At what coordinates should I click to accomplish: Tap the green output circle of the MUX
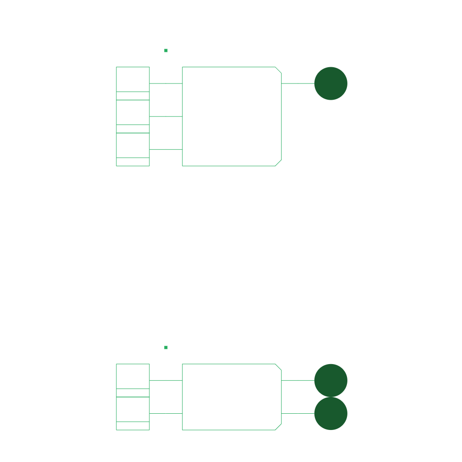[x=331, y=83]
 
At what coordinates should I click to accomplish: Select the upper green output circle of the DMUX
[x=331, y=380]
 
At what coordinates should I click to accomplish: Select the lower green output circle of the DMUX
[x=331, y=413]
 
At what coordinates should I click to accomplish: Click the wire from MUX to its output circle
[x=298, y=83]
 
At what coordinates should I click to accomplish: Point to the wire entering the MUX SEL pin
[x=166, y=149]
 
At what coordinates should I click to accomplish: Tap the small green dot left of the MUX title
[x=166, y=51]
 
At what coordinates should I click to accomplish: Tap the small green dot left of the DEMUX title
[x=166, y=347]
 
